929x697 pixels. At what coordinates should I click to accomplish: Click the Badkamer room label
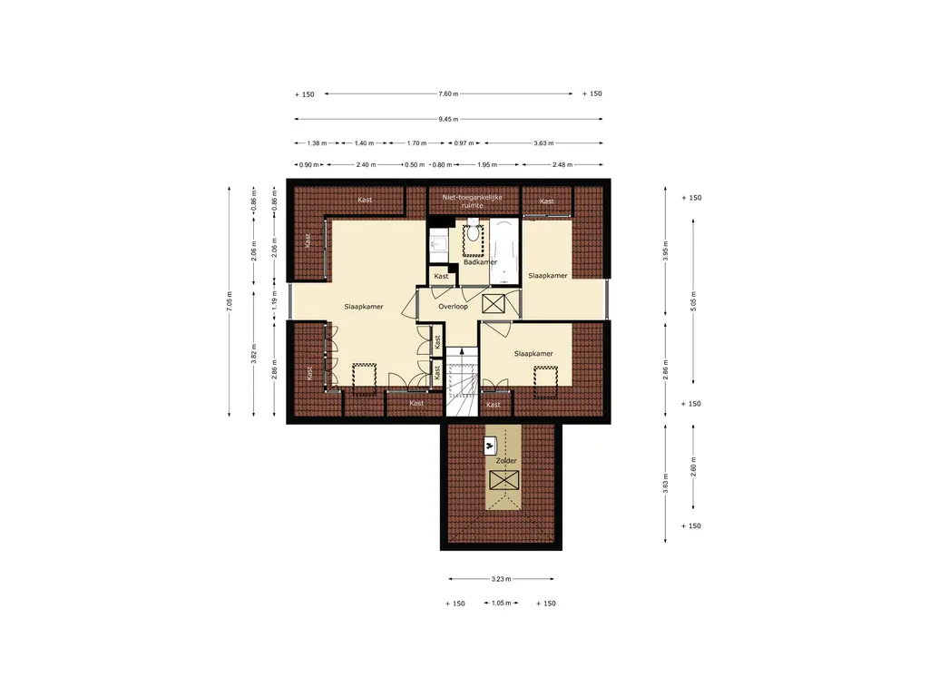point(480,262)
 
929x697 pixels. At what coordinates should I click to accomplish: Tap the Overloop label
point(453,307)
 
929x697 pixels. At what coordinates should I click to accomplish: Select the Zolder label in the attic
point(506,460)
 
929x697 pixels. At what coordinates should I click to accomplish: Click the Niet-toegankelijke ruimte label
point(472,201)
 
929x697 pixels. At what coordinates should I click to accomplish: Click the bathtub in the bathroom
point(504,250)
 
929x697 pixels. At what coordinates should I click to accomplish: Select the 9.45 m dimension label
point(448,119)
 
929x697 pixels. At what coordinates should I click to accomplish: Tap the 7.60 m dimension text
point(448,93)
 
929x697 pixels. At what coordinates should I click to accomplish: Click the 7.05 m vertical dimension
point(230,301)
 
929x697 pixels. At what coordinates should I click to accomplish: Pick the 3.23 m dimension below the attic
point(501,579)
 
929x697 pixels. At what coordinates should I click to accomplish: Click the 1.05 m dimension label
point(501,603)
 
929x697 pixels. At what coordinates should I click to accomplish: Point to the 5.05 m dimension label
point(693,301)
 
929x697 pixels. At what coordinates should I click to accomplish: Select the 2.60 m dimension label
point(693,467)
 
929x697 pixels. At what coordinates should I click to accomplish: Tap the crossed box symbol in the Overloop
point(493,303)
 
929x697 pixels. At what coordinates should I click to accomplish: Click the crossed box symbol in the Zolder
point(504,480)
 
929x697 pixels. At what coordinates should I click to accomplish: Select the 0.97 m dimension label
point(464,142)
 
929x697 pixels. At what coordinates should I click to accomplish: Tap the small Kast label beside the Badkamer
point(441,276)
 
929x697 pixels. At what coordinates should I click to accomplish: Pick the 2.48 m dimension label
point(562,165)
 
